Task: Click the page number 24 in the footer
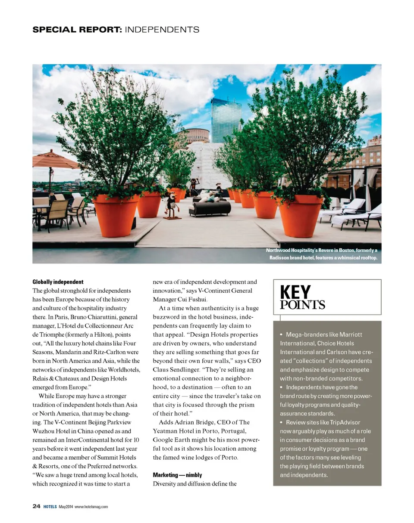[36, 506]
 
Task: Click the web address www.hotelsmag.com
[91, 507]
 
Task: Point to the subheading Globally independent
[58, 282]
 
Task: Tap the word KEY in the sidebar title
[295, 293]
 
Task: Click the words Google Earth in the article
[171, 439]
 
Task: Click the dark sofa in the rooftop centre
[210, 207]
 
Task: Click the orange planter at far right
[301, 215]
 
